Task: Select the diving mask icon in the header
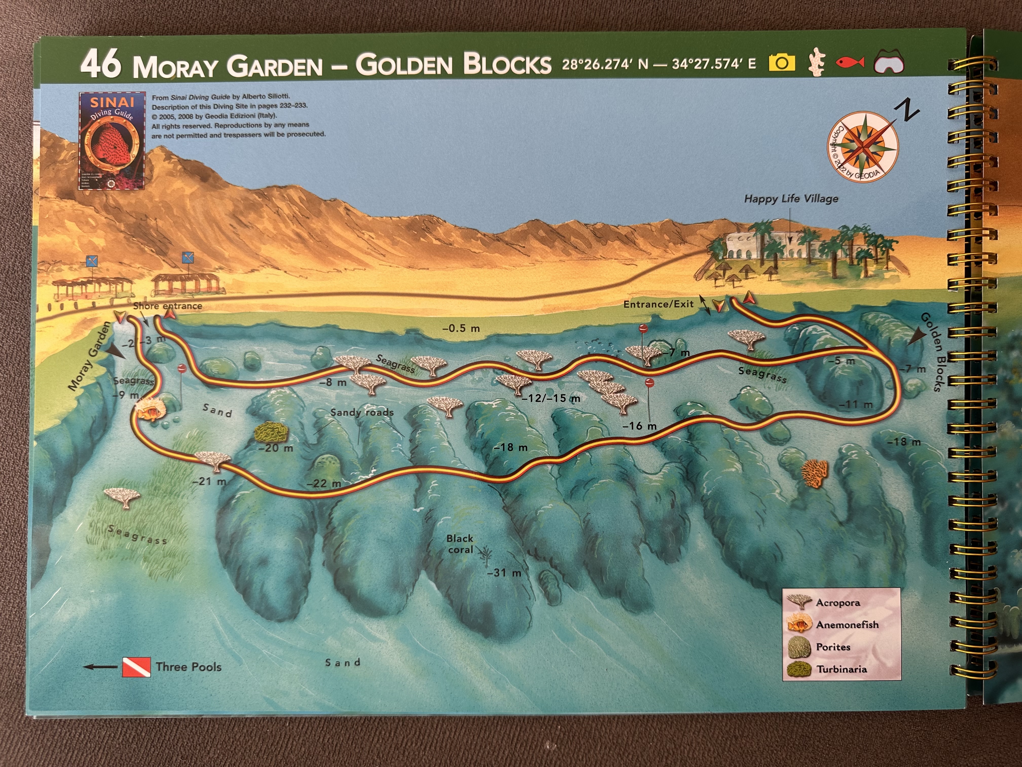tap(889, 63)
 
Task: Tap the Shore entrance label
tap(167, 306)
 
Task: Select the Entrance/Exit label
tap(658, 304)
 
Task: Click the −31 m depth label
tap(504, 573)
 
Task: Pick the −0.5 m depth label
tap(461, 328)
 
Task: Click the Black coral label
tap(460, 544)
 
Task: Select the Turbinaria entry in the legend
tap(841, 669)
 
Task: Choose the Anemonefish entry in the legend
tap(847, 625)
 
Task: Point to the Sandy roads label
tap(362, 412)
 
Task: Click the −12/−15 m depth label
tap(551, 398)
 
